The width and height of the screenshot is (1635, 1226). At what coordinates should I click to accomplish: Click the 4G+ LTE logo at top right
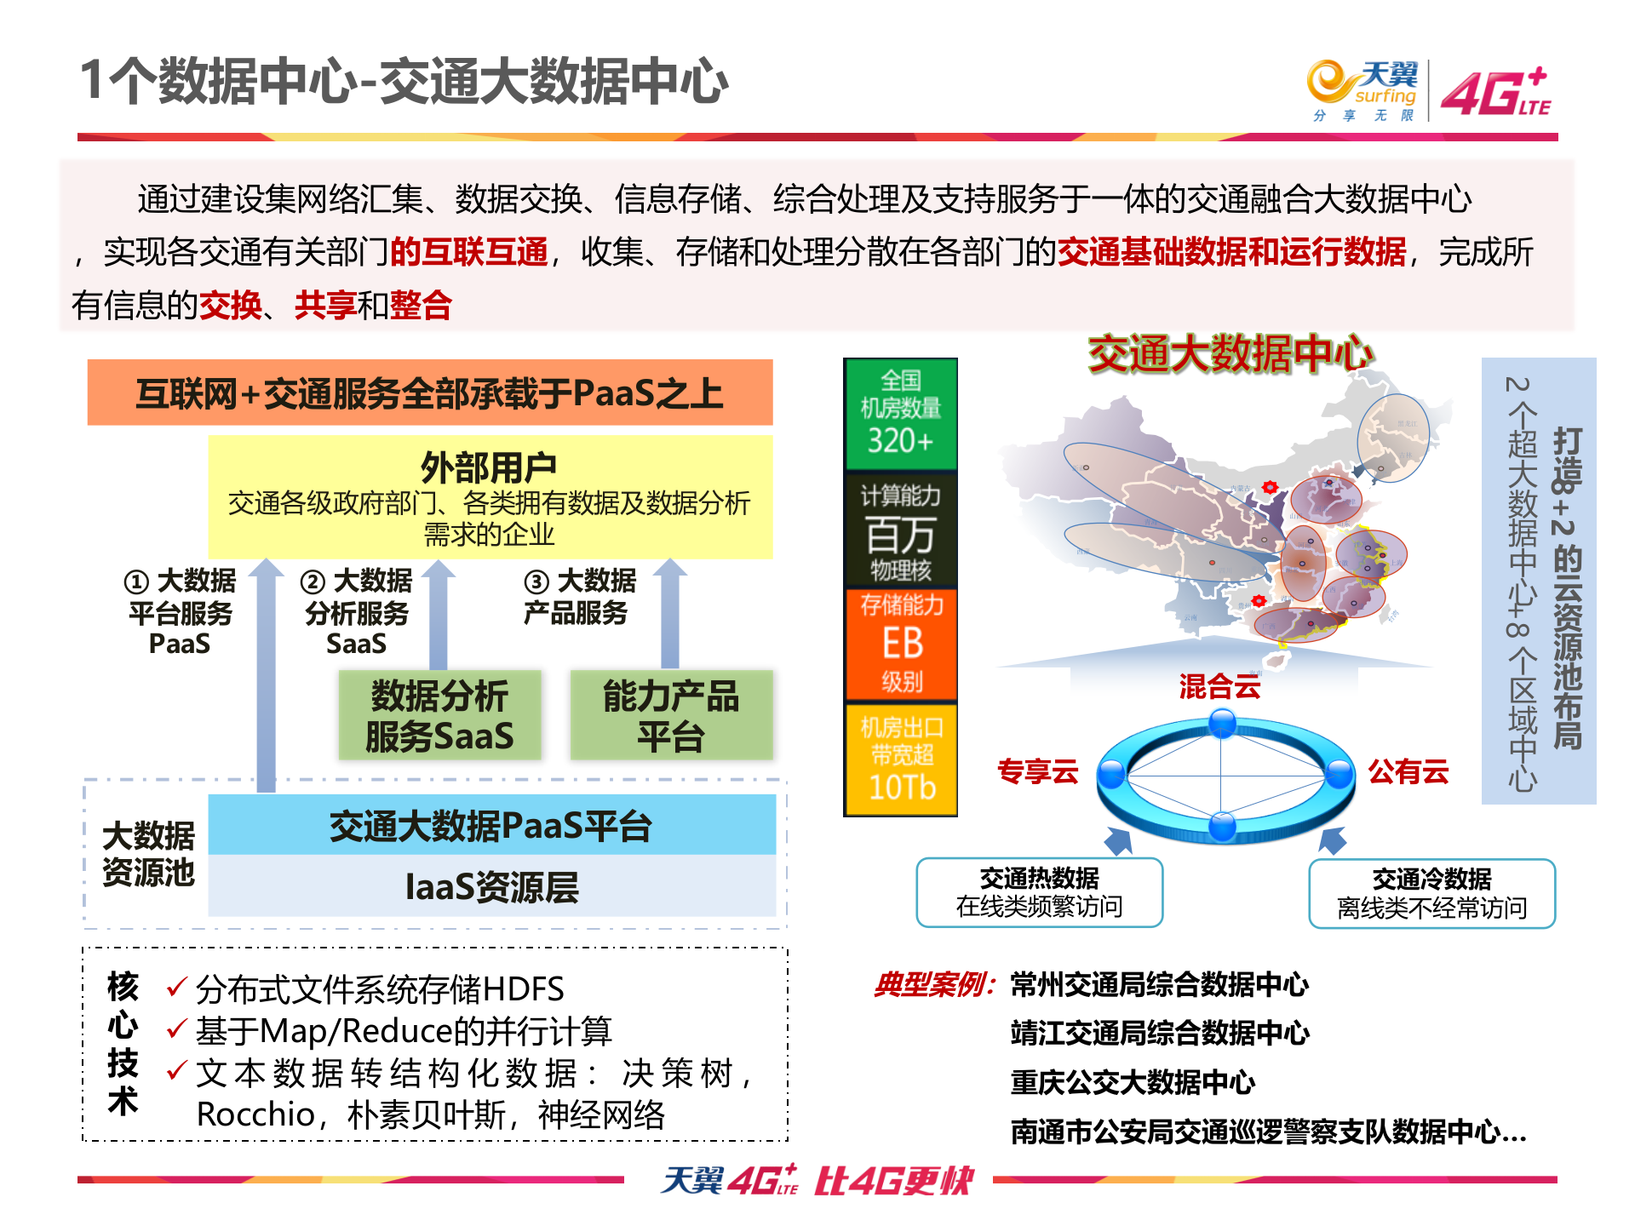pyautogui.click(x=1495, y=92)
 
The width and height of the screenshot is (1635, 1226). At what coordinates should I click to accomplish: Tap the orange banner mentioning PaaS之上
pyautogui.click(x=430, y=392)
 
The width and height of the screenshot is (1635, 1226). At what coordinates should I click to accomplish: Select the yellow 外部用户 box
pyautogui.click(x=490, y=497)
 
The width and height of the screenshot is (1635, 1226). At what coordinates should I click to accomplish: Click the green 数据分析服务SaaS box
pyautogui.click(x=439, y=715)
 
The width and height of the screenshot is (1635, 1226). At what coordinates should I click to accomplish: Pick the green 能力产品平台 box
pyautogui.click(x=671, y=715)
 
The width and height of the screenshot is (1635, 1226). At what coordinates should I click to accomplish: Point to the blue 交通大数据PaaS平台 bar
pyautogui.click(x=491, y=825)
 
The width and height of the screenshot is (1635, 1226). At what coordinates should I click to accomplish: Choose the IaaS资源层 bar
pyautogui.click(x=491, y=886)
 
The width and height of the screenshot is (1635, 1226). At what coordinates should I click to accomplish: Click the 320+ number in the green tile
pyautogui.click(x=900, y=441)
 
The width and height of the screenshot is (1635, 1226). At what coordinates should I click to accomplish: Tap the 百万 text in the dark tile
pyautogui.click(x=900, y=536)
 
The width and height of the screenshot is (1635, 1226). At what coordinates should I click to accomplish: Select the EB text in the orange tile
pyautogui.click(x=902, y=643)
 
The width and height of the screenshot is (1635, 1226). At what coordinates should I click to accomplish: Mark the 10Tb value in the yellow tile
pyautogui.click(x=902, y=788)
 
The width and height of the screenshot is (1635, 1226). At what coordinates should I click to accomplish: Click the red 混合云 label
pyautogui.click(x=1219, y=686)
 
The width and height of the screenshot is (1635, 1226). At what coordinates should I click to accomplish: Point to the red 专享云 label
pyautogui.click(x=1037, y=771)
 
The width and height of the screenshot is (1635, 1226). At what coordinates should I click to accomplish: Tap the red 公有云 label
pyautogui.click(x=1408, y=771)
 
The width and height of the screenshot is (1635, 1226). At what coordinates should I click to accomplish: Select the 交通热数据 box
pyautogui.click(x=1039, y=892)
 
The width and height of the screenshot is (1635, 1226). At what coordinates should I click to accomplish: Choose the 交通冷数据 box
pyautogui.click(x=1431, y=893)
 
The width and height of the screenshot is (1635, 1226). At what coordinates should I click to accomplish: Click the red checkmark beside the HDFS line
pyautogui.click(x=176, y=988)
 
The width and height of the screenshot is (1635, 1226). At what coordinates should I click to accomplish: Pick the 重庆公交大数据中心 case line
pyautogui.click(x=1133, y=1082)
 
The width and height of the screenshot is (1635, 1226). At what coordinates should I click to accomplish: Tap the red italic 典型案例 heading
pyautogui.click(x=933, y=985)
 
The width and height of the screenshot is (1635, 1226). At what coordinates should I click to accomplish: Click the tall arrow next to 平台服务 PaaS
pyautogui.click(x=266, y=673)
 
